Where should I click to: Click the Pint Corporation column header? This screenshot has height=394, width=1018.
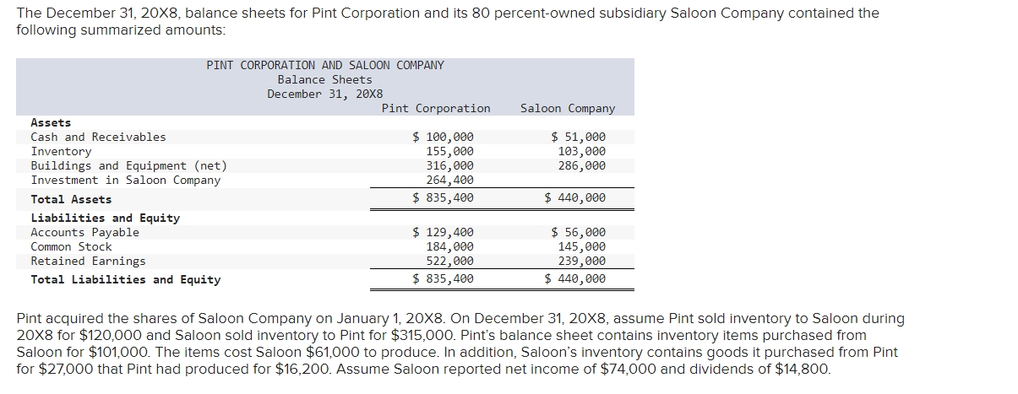pos(435,108)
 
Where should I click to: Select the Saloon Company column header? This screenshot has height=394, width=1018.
pos(568,108)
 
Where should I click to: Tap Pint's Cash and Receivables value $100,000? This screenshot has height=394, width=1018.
pos(443,137)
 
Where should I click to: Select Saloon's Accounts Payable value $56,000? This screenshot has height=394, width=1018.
pos(578,232)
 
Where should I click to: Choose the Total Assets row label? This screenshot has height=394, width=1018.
pos(71,199)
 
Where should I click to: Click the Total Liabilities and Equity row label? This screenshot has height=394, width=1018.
pos(125,279)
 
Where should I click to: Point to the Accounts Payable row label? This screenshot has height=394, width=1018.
pos(84,232)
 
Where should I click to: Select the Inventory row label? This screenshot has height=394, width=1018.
pos(61,151)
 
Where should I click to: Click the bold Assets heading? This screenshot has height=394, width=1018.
pos(51,122)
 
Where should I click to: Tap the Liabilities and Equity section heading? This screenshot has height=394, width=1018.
pos(105,218)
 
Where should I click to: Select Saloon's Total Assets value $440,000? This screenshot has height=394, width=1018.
pos(574,198)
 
